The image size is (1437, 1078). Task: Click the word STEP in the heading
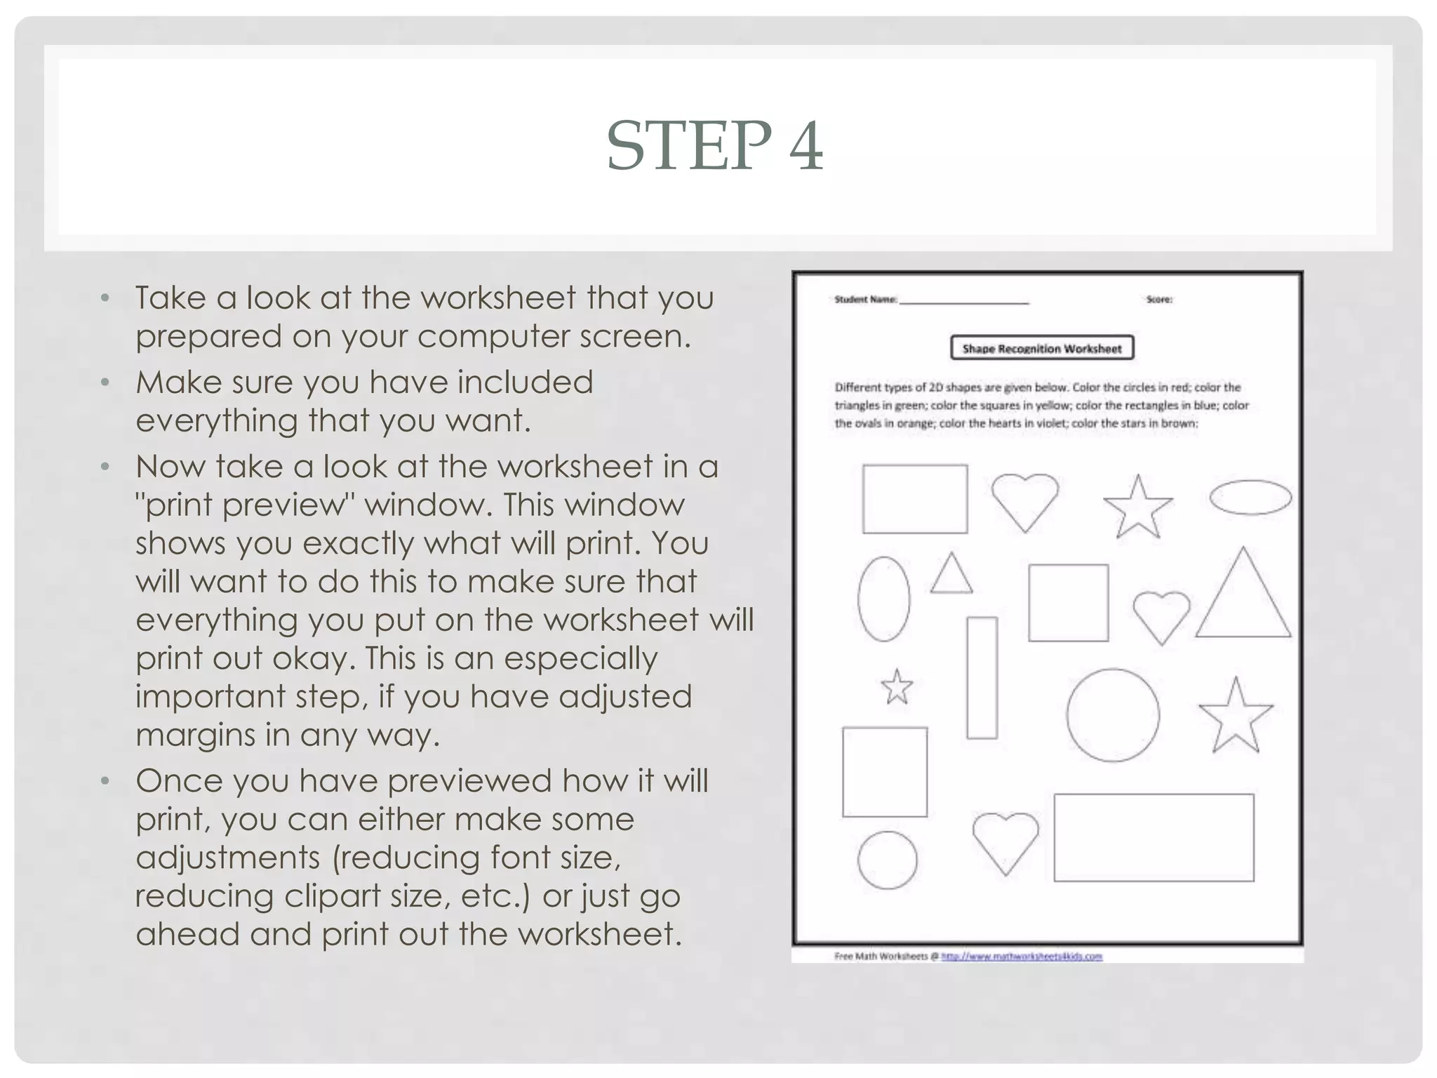690,146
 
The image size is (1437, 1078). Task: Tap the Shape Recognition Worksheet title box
1041,348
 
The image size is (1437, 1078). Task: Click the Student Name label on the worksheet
865,300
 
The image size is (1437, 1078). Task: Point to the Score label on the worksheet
1158,300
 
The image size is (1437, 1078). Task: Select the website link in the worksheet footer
1021,956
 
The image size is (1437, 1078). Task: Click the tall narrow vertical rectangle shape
982,677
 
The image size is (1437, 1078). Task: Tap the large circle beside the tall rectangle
1112,715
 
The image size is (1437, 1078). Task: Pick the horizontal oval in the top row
1250,498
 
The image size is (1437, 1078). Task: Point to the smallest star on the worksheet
897,687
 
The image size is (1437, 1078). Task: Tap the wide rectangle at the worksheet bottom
1154,837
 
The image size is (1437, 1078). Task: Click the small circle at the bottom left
887,860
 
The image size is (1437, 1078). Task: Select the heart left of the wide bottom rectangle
1005,840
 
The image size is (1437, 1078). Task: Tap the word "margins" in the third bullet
194,736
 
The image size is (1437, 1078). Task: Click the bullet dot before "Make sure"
105,383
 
